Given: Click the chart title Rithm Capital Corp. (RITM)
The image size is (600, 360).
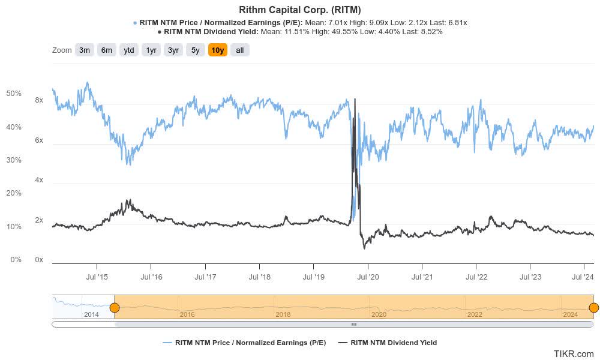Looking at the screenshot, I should point(300,10).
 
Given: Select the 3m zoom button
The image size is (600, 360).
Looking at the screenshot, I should point(85,50).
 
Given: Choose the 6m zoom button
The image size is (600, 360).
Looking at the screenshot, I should point(107,50).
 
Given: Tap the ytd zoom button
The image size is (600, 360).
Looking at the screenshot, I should point(129,50).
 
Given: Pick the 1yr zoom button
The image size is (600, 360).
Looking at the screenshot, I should point(151,50).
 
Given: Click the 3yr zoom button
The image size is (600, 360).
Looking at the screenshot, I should point(173,50).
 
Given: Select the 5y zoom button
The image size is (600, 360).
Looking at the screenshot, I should point(196,50).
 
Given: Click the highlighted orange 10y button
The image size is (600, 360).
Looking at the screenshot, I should point(218,50).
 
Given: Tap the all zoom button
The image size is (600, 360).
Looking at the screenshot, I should point(240,50).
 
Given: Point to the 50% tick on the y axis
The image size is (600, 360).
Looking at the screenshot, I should point(14,94).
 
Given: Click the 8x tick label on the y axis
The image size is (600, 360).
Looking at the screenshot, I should point(39,100).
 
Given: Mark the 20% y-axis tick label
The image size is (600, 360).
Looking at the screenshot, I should point(14,193).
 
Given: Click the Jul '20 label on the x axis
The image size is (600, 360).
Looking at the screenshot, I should point(367,277).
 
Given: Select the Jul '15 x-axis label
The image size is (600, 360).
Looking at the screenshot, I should point(97,277).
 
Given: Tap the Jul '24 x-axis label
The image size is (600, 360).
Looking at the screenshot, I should point(584,277).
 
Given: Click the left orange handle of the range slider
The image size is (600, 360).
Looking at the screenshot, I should point(114,308).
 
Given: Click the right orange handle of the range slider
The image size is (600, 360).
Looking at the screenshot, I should point(593,308).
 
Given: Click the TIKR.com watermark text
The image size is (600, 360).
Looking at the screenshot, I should point(574,354).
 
